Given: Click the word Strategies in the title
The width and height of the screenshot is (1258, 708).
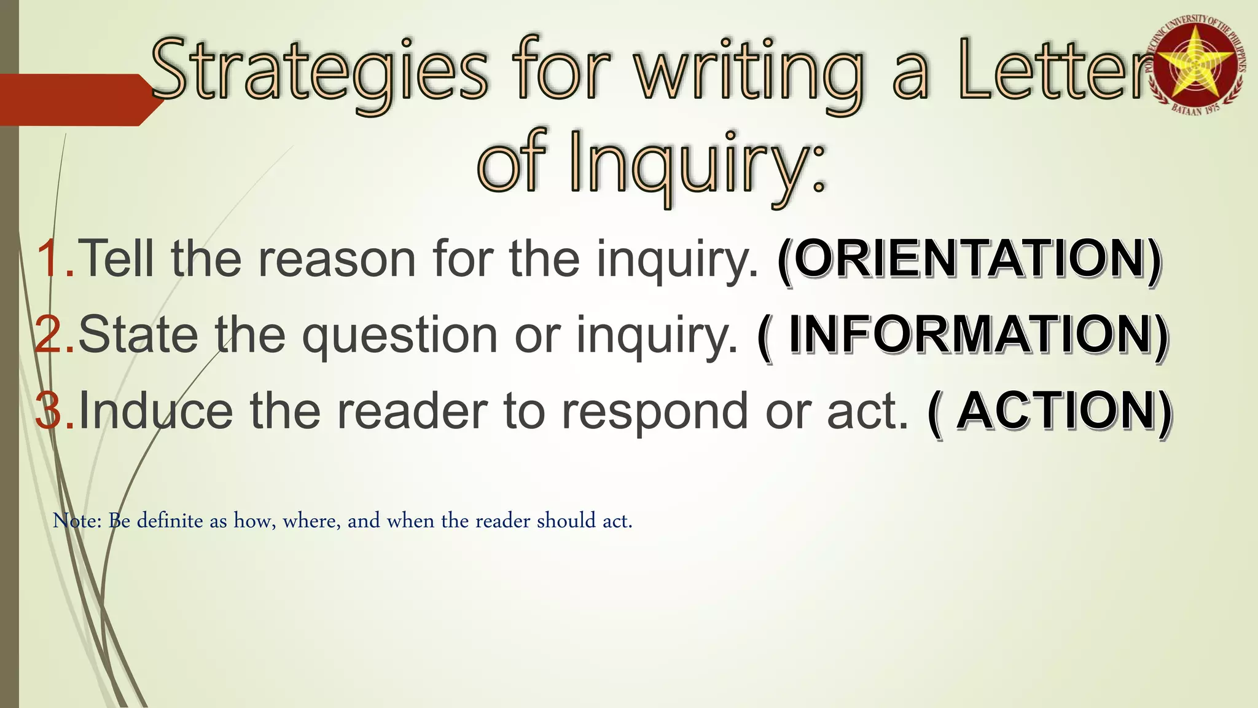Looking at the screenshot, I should coord(319,71).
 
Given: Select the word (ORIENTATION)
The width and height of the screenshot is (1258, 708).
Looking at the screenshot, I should coord(969,259).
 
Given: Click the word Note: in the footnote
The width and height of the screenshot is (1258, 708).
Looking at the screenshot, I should coord(77,521).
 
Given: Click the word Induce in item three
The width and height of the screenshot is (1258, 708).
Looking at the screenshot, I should coord(156,411).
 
